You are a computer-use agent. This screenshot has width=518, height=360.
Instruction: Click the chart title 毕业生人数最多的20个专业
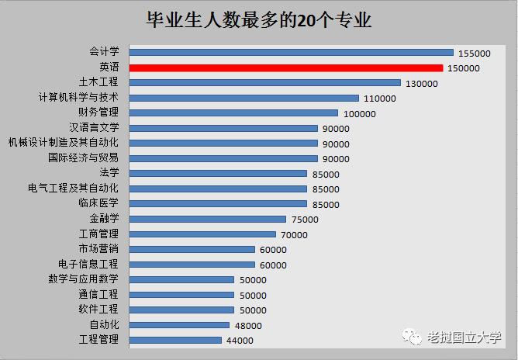pos(259,20)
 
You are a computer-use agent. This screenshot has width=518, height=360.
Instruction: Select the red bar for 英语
pos(285,68)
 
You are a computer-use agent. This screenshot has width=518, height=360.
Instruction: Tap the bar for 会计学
pos(291,53)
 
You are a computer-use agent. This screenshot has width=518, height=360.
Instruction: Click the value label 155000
pos(475,54)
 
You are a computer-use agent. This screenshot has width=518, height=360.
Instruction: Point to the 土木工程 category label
pos(98,83)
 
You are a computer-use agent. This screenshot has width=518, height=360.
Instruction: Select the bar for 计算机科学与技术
pos(243,99)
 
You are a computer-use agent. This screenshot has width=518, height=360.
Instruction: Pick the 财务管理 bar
pos(233,113)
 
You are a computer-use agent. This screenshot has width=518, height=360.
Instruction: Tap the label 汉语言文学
pos(94,128)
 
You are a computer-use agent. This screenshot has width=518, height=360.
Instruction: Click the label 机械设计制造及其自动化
pos(64,144)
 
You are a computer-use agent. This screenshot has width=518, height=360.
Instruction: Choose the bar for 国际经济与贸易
pos(223,158)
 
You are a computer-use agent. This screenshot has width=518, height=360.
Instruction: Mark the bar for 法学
pos(218,174)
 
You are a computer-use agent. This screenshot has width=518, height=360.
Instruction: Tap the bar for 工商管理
pos(202,234)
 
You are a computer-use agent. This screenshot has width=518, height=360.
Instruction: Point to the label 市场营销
pos(98,249)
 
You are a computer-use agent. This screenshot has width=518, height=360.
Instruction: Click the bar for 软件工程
pos(181,310)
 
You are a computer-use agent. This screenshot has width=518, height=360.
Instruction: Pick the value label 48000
pos(247,326)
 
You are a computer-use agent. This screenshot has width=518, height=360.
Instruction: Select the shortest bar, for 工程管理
pos(175,340)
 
